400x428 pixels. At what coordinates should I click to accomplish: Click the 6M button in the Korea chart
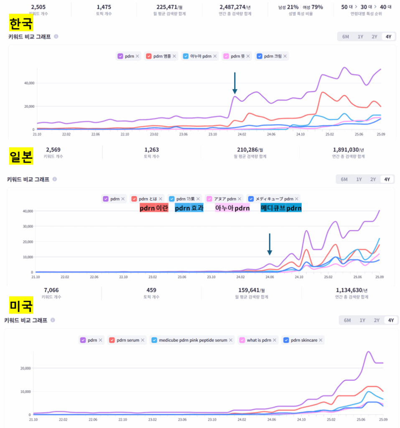coord(346,37)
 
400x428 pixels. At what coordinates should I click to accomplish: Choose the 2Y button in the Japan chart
coord(372,179)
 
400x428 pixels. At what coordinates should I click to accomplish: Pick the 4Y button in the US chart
coord(391,320)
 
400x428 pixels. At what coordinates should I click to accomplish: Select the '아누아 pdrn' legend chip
coord(201,56)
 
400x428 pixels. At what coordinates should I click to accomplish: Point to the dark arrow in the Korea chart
coord(235,83)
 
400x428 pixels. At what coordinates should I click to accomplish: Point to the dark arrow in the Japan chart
coord(270,244)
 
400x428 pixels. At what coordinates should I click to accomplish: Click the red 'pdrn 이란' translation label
coord(154,208)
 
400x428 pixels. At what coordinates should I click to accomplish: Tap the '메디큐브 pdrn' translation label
coord(281,208)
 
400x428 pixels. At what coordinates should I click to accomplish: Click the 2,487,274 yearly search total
coord(235,7)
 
